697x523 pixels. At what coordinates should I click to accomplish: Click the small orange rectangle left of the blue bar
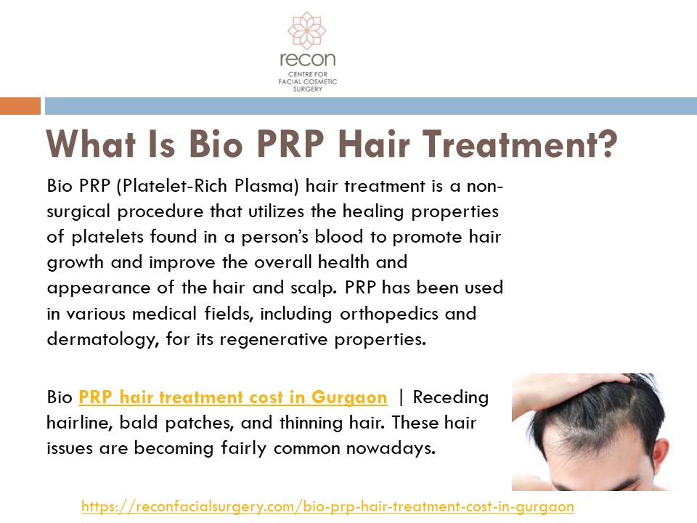20,106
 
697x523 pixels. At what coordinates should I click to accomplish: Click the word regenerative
291,339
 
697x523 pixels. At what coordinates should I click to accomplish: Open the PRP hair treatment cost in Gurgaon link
232,397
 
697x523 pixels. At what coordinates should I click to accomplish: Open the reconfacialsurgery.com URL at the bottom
327,506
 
